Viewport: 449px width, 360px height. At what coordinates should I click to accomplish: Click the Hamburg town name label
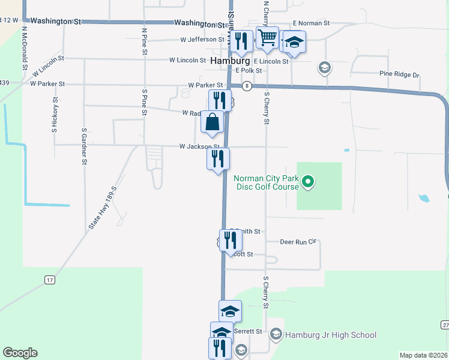point(231,61)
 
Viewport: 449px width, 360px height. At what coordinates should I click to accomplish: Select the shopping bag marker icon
point(212,122)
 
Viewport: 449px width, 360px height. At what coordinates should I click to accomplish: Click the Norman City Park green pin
point(308,181)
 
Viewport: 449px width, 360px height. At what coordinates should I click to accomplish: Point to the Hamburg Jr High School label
point(331,335)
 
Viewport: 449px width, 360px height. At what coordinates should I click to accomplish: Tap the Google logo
point(20,353)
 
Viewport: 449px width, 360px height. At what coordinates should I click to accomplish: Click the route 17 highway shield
point(50,280)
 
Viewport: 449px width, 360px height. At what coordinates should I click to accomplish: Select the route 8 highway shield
point(247,86)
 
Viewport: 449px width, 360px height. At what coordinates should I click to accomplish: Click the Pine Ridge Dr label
point(399,74)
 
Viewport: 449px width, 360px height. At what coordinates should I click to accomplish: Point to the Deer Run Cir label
point(298,242)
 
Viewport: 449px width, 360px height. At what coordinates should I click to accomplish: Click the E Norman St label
point(310,23)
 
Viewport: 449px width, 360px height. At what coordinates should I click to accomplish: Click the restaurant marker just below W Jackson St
point(218,160)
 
